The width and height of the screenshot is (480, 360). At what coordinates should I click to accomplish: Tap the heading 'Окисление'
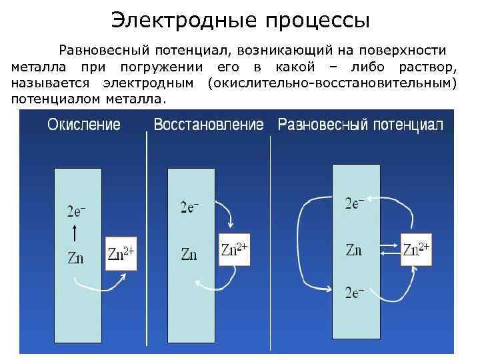(x=83, y=125)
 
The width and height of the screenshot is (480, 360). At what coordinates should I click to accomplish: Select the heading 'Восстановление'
(x=209, y=125)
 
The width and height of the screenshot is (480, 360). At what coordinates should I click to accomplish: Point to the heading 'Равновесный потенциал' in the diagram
(x=360, y=125)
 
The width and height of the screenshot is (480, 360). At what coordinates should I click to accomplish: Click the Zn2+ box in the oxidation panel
(x=121, y=253)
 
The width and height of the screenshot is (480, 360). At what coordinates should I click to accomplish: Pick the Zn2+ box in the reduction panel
(x=235, y=249)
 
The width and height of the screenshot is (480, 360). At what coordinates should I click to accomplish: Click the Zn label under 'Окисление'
(x=75, y=257)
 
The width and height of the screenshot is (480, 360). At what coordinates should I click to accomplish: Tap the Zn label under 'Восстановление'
(x=189, y=254)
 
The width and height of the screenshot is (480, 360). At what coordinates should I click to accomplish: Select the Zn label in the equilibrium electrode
(x=354, y=250)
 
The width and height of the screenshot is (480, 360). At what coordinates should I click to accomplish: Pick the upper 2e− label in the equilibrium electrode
(x=354, y=202)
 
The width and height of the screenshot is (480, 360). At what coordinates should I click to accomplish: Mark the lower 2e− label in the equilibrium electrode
(x=354, y=292)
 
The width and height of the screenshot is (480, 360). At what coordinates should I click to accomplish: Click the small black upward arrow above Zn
(x=75, y=233)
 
